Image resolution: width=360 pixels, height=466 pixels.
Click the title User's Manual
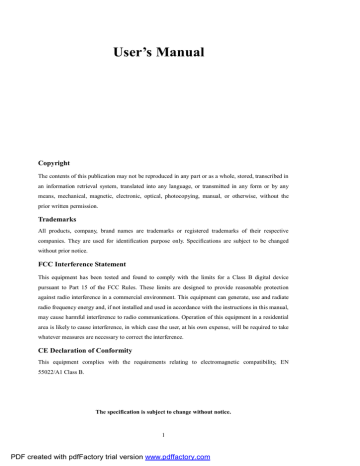(x=179, y=49)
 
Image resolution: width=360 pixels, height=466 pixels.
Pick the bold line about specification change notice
(x=180, y=412)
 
